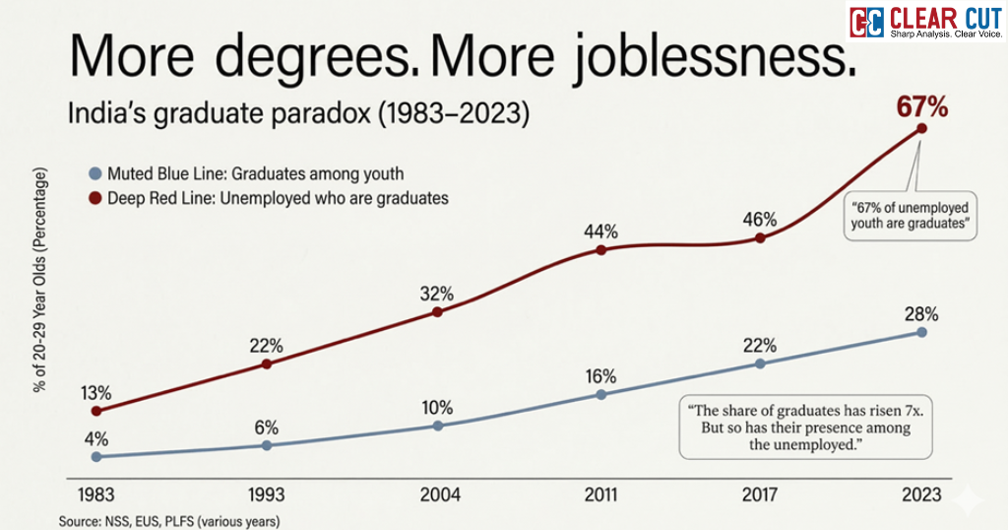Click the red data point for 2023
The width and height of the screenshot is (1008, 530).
(x=922, y=128)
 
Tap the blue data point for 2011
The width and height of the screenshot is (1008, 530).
(x=600, y=394)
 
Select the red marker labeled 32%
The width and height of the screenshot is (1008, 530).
(x=436, y=312)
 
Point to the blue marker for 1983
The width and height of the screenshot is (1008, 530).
(x=95, y=457)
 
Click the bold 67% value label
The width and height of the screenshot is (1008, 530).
(x=921, y=106)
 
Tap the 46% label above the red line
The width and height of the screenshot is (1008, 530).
(x=759, y=220)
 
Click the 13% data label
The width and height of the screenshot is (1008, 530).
(x=96, y=393)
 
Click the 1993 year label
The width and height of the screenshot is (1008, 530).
(x=266, y=494)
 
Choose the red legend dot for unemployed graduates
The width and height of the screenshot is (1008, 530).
(x=94, y=198)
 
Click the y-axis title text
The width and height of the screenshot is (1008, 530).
(x=40, y=281)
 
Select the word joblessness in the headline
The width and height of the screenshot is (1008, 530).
(x=644, y=61)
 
